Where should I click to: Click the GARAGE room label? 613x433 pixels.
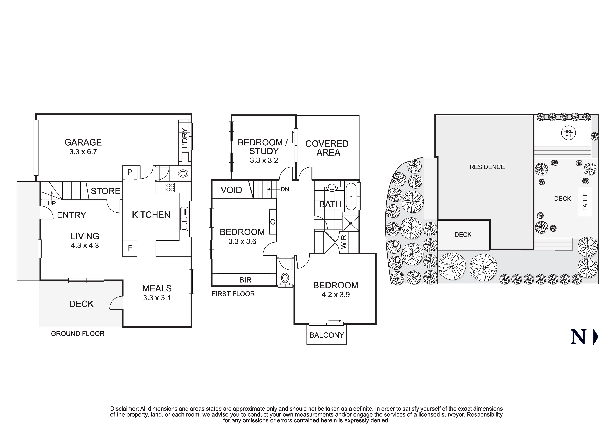[83, 142]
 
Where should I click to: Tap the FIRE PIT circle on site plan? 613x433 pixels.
[568, 133]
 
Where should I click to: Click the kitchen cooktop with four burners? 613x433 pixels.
[170, 187]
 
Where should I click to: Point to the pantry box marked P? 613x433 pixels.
[130, 172]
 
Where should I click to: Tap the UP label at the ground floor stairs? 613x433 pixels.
[52, 203]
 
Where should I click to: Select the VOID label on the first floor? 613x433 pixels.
[231, 190]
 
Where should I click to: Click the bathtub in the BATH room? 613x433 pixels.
[351, 196]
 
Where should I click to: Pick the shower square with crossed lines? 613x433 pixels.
[350, 223]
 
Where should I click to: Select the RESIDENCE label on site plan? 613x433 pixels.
[487, 167]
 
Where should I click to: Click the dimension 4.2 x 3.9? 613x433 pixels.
[336, 295]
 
